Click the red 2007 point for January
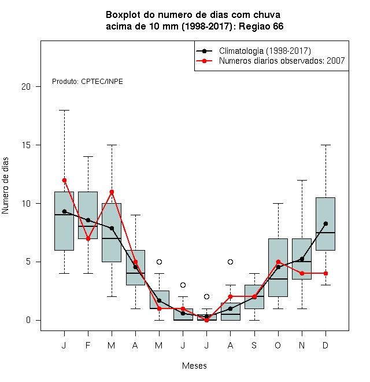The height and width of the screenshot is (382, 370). point(64,180)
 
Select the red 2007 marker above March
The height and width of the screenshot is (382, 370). point(112,192)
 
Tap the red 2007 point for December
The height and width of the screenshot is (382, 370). point(325,273)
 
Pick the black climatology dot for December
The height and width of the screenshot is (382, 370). point(325,223)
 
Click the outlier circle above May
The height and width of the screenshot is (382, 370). point(159,262)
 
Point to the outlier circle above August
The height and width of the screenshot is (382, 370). point(230,262)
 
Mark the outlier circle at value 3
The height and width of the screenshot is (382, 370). point(183,285)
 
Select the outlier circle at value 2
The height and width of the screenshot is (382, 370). point(206,296)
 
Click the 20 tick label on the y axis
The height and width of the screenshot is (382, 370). point(26,86)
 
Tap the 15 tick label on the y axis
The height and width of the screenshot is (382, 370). point(26,145)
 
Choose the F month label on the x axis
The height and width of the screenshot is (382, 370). point(88,345)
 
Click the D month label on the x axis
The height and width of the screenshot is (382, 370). point(325,345)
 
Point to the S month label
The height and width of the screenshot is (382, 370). point(254,345)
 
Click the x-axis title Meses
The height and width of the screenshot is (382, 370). point(194,366)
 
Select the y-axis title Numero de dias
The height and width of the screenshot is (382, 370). point(5,186)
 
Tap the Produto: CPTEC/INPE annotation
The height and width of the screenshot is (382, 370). point(87,82)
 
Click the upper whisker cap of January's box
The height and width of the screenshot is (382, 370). point(64,110)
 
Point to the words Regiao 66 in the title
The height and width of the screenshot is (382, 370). point(261,26)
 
